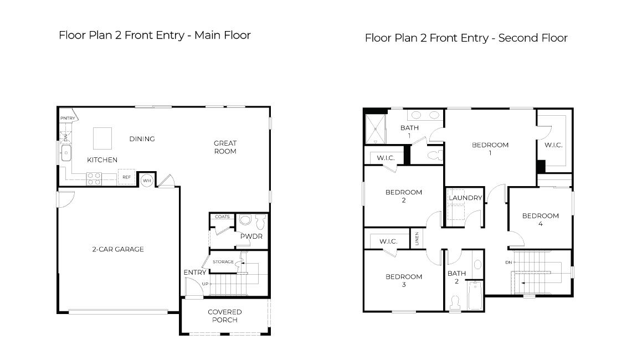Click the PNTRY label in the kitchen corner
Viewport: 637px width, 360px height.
pos(67,118)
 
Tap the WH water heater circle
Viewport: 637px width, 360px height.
pos(147,180)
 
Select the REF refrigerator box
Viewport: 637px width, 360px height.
pos(126,177)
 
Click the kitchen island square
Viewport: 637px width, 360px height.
pos(102,138)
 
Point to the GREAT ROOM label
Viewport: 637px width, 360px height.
pos(225,147)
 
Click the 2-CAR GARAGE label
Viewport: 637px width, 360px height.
pos(117,249)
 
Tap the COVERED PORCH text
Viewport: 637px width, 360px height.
pos(224,316)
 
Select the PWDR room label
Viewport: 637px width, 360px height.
pos(251,236)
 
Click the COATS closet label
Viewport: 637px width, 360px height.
pos(222,217)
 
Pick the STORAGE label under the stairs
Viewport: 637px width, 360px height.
pos(223,261)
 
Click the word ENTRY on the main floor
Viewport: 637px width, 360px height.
pos(195,272)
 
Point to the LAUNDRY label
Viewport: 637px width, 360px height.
pos(465,198)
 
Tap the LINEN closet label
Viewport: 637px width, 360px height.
pos(417,239)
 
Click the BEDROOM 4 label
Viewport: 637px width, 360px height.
pos(540,220)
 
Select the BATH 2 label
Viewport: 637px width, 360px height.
pos(457,277)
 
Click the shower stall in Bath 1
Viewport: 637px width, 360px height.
pos(375,128)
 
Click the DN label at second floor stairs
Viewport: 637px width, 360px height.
pos(508,262)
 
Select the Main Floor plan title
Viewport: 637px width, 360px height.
pos(155,35)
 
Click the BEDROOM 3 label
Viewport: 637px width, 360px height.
pos(404,280)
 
